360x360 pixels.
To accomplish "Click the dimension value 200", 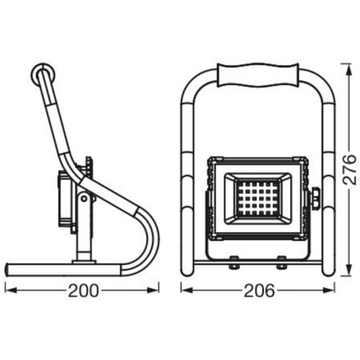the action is coord(84,291).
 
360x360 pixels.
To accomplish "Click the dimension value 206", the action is coord(259,291).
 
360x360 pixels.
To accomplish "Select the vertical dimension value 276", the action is coord(349,170).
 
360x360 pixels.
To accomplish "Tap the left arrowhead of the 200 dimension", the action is coord(11,290).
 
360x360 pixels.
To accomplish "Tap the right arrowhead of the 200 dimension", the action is coord(153,290).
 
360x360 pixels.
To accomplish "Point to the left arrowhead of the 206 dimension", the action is coord(187,290).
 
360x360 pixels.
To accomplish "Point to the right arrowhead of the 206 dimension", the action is coord(329,290).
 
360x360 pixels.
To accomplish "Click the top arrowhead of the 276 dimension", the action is coord(348,70).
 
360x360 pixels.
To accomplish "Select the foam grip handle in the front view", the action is coord(258,75).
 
